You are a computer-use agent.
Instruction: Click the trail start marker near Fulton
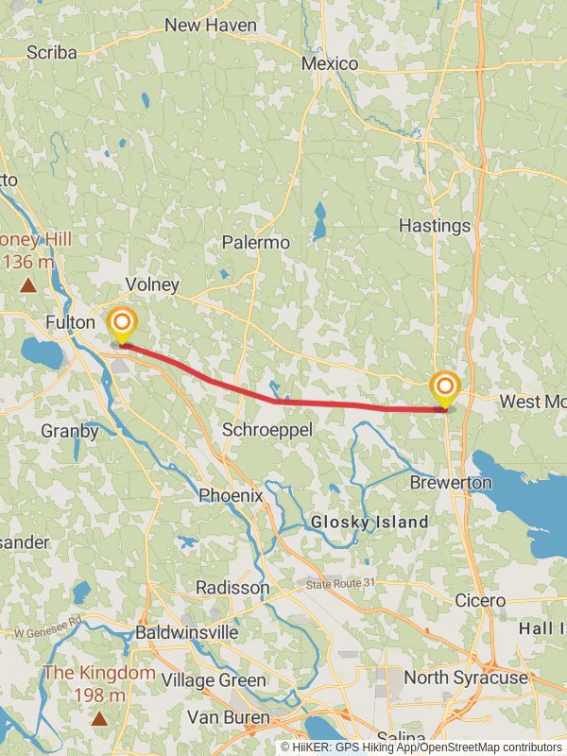(x=121, y=323)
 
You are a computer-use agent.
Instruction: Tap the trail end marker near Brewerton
(x=444, y=387)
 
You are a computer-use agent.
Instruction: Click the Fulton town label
(x=71, y=323)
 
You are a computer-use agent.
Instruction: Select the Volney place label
(x=152, y=284)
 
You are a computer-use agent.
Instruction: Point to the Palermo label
(x=255, y=243)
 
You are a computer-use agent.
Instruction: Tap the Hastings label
(x=434, y=226)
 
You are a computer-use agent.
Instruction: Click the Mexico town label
(x=330, y=63)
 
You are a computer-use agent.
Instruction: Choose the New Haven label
(x=210, y=25)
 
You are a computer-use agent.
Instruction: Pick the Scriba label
(x=52, y=53)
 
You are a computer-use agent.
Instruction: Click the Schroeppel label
(x=267, y=430)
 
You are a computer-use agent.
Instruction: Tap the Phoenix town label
(x=231, y=495)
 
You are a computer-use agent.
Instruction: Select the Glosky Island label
(x=369, y=522)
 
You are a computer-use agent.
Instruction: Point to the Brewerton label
(x=451, y=483)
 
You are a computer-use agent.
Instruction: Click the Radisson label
(x=232, y=588)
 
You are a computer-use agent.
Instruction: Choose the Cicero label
(x=481, y=600)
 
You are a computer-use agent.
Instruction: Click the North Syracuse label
(x=466, y=678)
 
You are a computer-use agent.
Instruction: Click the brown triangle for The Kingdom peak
(x=99, y=718)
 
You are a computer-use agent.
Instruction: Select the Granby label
(x=70, y=431)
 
